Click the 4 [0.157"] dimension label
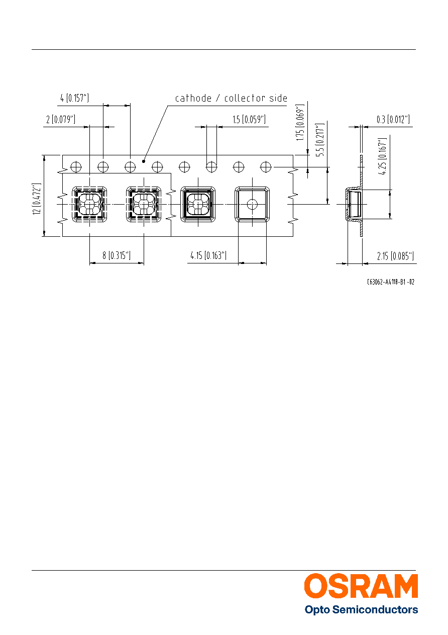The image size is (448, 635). tap(74, 98)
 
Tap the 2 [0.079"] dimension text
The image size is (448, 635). tap(61, 119)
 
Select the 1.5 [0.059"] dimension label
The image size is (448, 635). tap(249, 119)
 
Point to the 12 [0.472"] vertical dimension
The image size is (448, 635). tap(37, 199)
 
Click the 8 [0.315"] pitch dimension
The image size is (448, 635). tap(117, 255)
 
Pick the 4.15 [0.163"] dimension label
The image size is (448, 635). tap(208, 255)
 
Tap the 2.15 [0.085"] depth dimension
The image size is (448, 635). tap(395, 256)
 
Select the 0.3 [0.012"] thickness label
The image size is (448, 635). tap(393, 119)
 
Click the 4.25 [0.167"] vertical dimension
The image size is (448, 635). tap(382, 156)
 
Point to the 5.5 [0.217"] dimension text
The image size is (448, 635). tap(320, 140)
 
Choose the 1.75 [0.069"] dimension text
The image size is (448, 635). tap(300, 123)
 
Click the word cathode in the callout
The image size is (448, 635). tap(193, 98)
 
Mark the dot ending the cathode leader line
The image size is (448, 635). tap(144, 161)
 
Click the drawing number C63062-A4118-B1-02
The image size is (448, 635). tap(391, 282)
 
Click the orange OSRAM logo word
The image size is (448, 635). tap(361, 586)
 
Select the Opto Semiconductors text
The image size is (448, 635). tap(361, 610)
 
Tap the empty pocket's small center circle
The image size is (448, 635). tap(252, 204)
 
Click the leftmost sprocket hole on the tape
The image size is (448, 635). tap(76, 167)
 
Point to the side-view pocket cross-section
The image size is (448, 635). tap(354, 204)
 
